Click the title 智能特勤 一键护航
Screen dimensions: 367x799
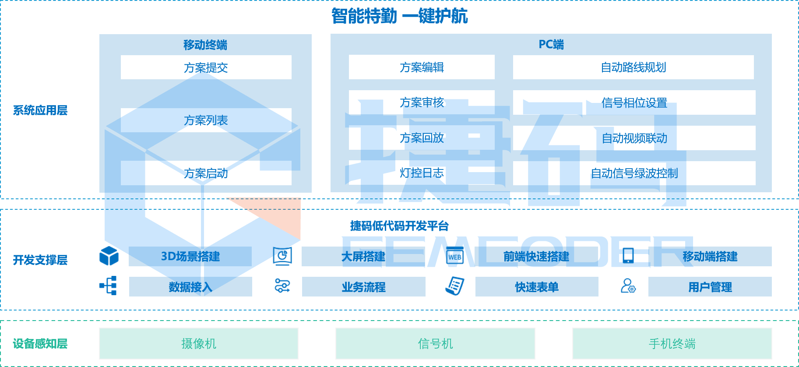click(399, 16)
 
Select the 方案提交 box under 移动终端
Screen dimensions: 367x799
click(206, 67)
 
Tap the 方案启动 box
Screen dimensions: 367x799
click(206, 173)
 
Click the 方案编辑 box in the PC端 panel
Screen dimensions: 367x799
click(422, 67)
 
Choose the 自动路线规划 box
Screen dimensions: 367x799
click(633, 67)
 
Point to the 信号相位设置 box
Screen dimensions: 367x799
click(634, 103)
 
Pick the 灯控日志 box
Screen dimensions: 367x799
click(422, 173)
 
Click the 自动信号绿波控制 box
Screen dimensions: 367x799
click(634, 173)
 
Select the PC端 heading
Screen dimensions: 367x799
click(551, 44)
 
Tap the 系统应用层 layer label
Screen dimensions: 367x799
click(40, 110)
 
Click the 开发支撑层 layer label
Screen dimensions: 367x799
click(40, 260)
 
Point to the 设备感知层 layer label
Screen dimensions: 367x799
click(40, 344)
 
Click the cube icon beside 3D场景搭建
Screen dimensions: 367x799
click(109, 256)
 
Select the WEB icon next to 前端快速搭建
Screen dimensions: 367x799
click(455, 256)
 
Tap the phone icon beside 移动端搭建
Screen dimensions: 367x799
click(628, 256)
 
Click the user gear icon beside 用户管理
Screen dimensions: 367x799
click(628, 286)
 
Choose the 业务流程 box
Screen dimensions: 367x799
click(363, 287)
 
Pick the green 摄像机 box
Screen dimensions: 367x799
click(199, 344)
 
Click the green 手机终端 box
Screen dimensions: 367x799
click(672, 344)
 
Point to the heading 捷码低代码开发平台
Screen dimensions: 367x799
click(399, 226)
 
